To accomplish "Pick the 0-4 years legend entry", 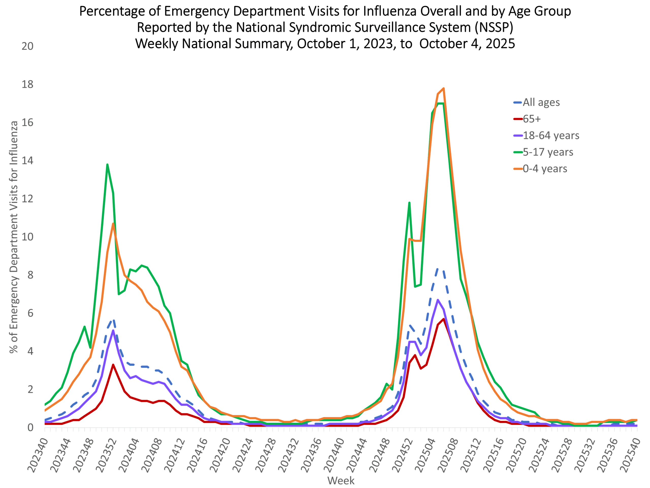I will coord(545,169).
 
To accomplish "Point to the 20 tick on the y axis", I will coord(27,46).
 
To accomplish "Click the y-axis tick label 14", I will coord(27,161).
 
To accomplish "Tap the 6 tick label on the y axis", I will coord(30,313).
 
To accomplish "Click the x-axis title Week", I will coord(341,481).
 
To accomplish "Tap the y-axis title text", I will coord(13,237).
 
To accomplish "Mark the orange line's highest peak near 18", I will coord(443,88).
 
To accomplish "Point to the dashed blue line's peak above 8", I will coord(438,269).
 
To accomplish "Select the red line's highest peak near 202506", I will coord(443,319).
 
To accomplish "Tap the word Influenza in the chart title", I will coord(389,11).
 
